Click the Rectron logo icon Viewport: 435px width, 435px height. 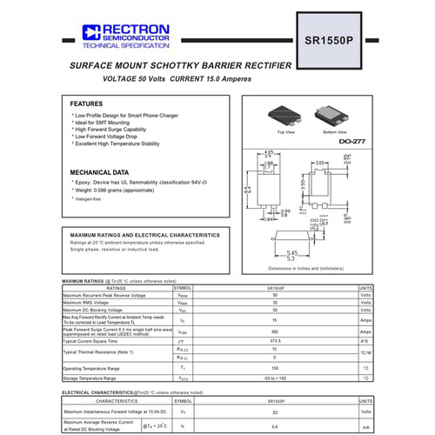[x=90, y=32]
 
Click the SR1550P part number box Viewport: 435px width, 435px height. [x=331, y=41]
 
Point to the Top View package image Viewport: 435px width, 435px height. [x=285, y=115]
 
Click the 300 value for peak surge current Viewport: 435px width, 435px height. [x=274, y=331]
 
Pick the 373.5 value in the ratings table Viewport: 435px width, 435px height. [x=274, y=342]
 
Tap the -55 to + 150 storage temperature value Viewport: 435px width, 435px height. [x=274, y=378]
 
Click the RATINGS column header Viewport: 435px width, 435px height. [x=116, y=288]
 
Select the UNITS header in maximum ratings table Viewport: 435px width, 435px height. [x=366, y=288]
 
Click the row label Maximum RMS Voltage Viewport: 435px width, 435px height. [x=91, y=303]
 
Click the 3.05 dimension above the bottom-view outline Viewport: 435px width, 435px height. [x=319, y=163]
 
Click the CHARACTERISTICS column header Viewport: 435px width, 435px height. [x=116, y=401]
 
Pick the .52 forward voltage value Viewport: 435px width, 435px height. [x=274, y=412]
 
